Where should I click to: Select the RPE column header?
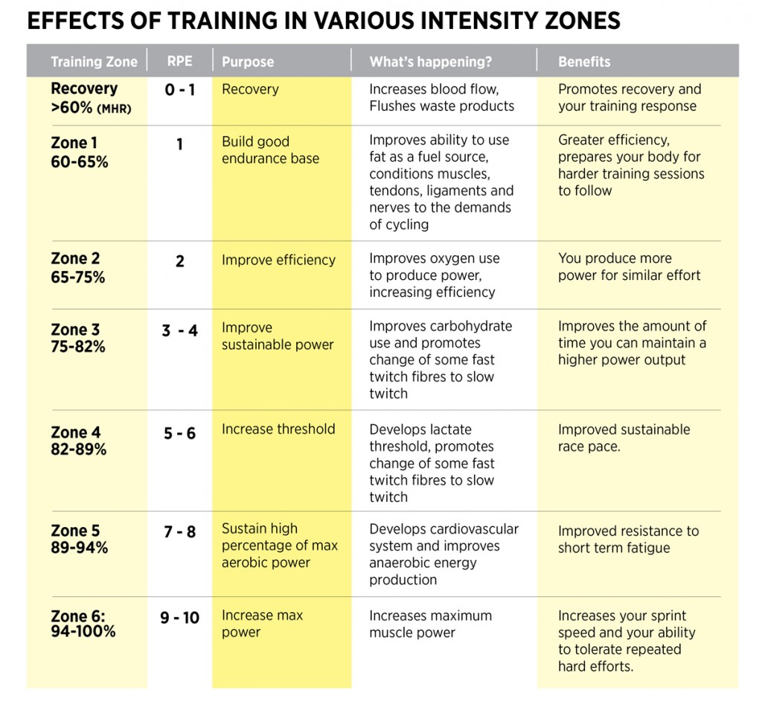[179, 62]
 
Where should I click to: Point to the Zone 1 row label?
[74, 143]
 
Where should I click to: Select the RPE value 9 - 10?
[180, 618]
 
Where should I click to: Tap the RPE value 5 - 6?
[179, 433]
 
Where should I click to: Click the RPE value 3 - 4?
[180, 331]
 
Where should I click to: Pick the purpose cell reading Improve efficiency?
[278, 260]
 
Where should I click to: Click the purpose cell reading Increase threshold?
[278, 429]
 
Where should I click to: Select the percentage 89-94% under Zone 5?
[80, 548]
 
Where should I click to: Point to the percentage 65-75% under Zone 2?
[78, 277]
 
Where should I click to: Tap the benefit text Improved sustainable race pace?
[624, 438]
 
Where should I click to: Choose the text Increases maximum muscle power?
[430, 624]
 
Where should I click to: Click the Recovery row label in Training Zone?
[84, 89]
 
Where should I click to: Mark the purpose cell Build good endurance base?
[270, 150]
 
